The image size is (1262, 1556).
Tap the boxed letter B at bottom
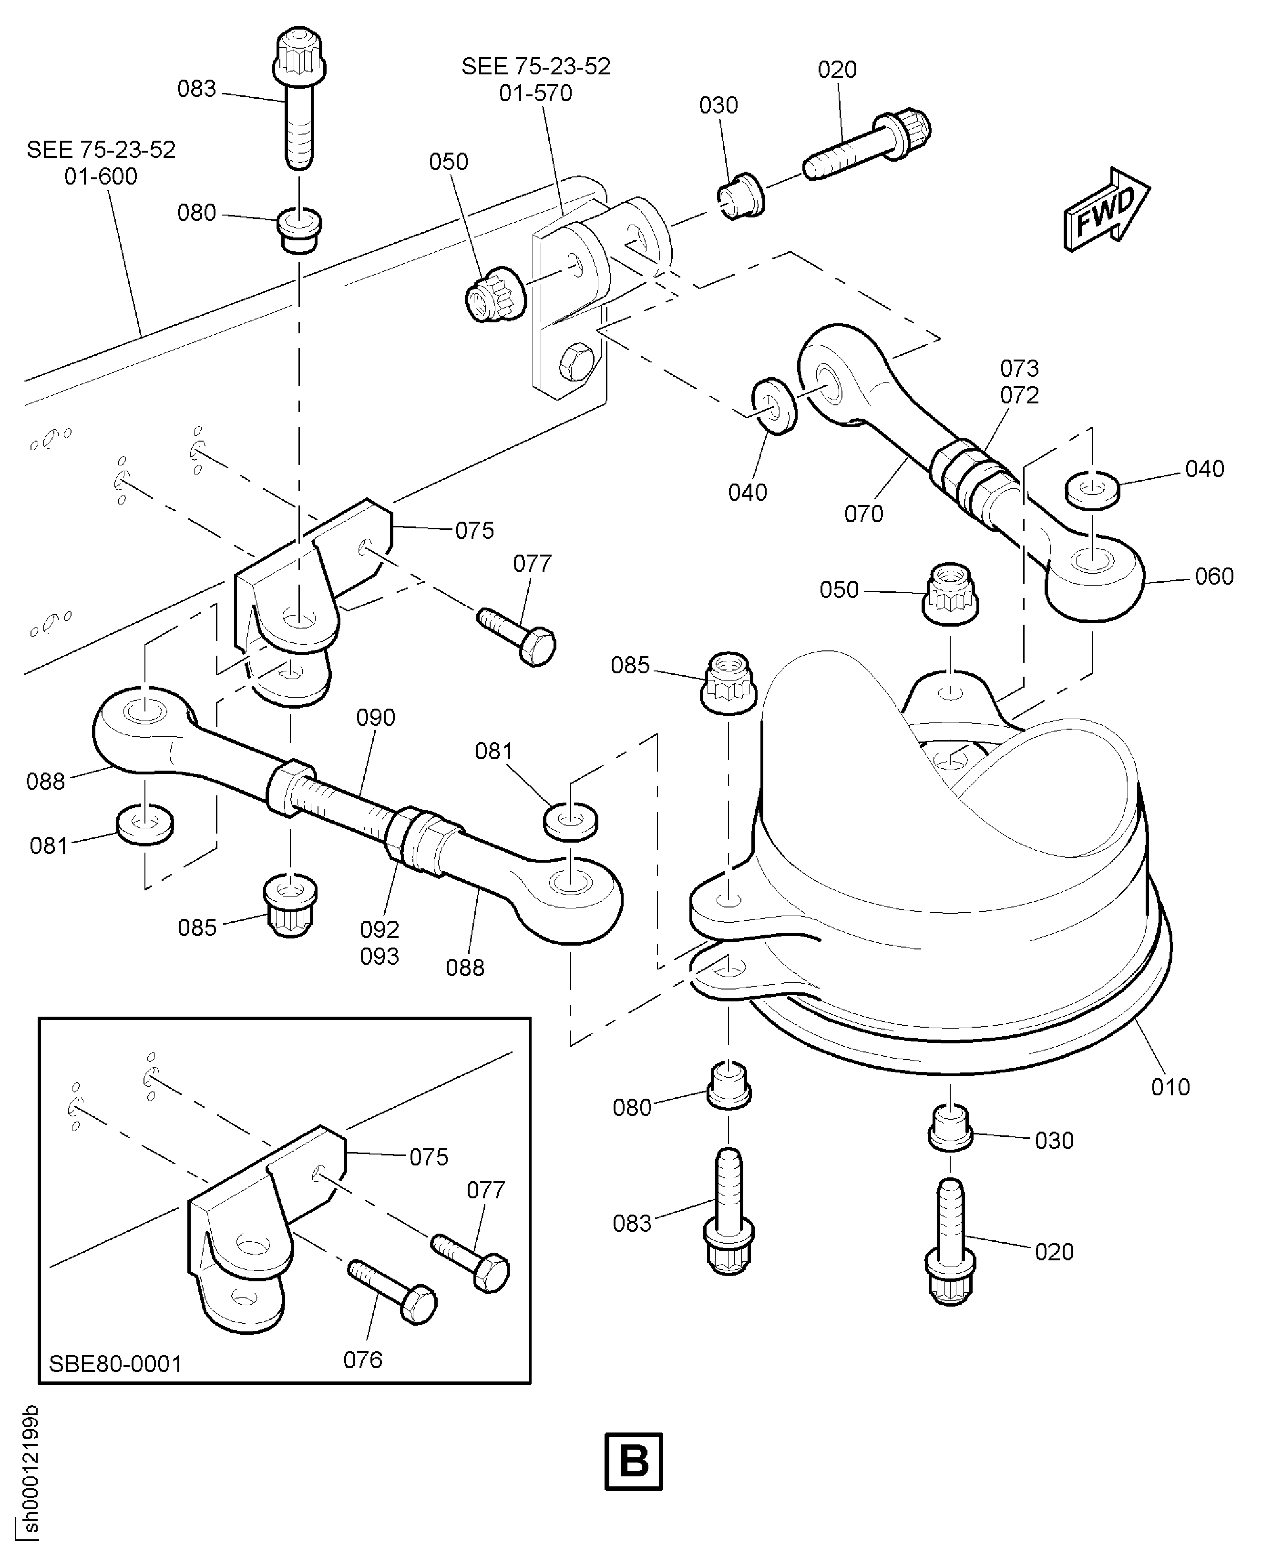tap(633, 1461)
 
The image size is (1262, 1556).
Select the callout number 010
tap(1170, 1087)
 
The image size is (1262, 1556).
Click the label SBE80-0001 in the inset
tap(115, 1363)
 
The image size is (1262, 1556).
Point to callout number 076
tap(362, 1359)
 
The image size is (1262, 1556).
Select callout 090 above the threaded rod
tap(375, 718)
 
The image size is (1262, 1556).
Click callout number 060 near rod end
tap(1214, 577)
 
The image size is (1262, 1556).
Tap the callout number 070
tap(863, 514)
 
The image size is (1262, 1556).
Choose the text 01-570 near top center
tap(536, 93)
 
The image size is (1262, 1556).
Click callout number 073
tap(1019, 368)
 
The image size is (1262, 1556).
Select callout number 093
tap(380, 956)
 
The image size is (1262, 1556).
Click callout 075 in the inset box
tap(428, 1157)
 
